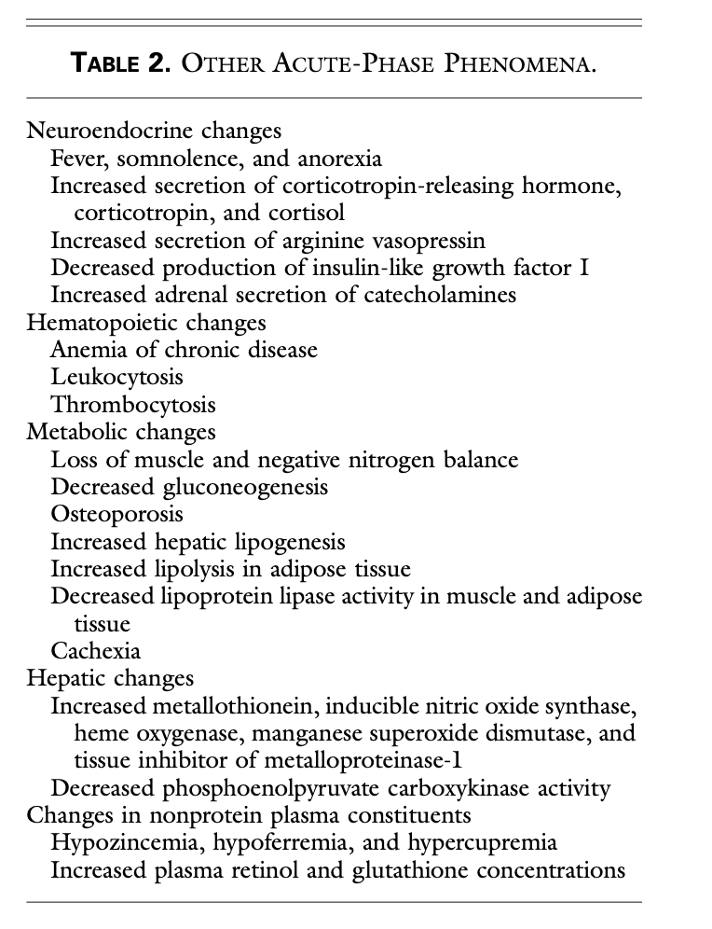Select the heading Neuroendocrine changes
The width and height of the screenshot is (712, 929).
[x=155, y=132]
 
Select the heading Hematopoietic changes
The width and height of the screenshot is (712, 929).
[x=146, y=323]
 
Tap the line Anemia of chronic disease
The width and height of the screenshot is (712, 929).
[x=184, y=350]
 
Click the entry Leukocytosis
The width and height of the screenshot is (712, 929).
[x=116, y=378]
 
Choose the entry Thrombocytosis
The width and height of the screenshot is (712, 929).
[x=133, y=405]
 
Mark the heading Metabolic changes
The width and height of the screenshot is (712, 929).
[x=121, y=432]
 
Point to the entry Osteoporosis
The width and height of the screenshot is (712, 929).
[x=117, y=514]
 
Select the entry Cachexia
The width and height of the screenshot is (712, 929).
[x=95, y=651]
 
